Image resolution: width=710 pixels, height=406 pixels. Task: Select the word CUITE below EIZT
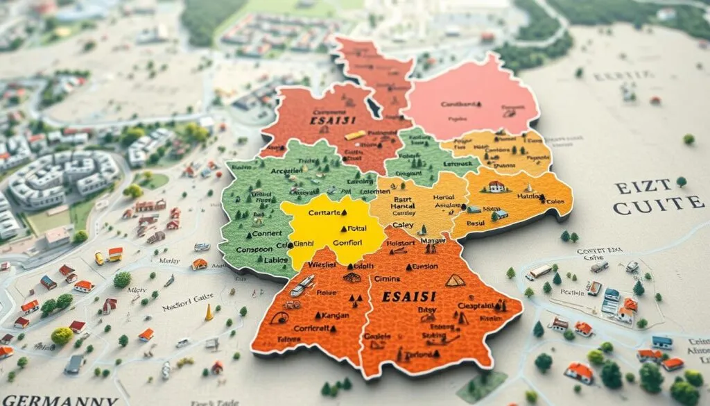point(658,203)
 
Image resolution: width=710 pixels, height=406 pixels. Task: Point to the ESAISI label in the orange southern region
point(410,297)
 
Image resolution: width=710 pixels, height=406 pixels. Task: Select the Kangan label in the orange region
point(318,314)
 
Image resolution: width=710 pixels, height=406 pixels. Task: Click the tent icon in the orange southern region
point(455,280)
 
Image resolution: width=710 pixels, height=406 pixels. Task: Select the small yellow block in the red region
point(354,135)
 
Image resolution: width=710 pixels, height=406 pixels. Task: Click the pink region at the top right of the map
point(471,97)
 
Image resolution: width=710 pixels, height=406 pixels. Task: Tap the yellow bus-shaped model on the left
point(99,258)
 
